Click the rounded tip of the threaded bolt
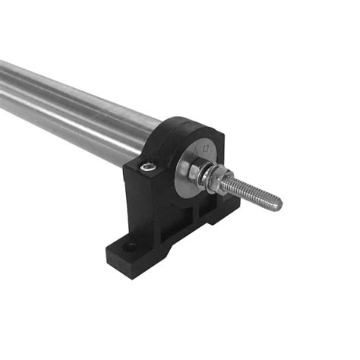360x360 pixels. [x=277, y=204]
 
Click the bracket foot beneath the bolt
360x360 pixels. [x=220, y=220]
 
